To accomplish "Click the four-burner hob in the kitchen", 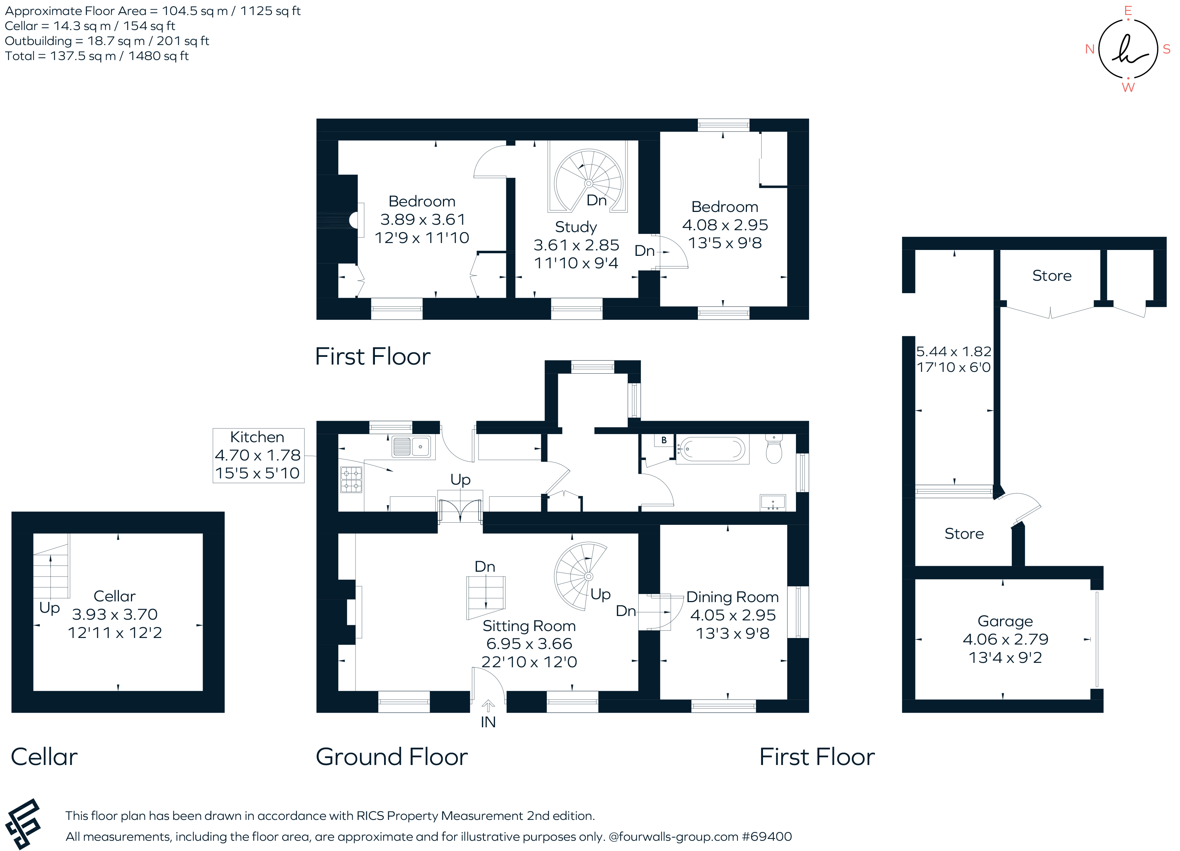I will [x=351, y=480].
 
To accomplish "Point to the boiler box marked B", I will [x=664, y=440].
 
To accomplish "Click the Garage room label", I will [x=1005, y=622].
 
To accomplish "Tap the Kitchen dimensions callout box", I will [x=258, y=455].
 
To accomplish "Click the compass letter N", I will [x=1090, y=49].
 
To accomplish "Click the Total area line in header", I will [x=97, y=56].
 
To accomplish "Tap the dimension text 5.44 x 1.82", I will [x=953, y=352].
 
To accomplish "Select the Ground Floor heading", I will [x=391, y=757].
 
